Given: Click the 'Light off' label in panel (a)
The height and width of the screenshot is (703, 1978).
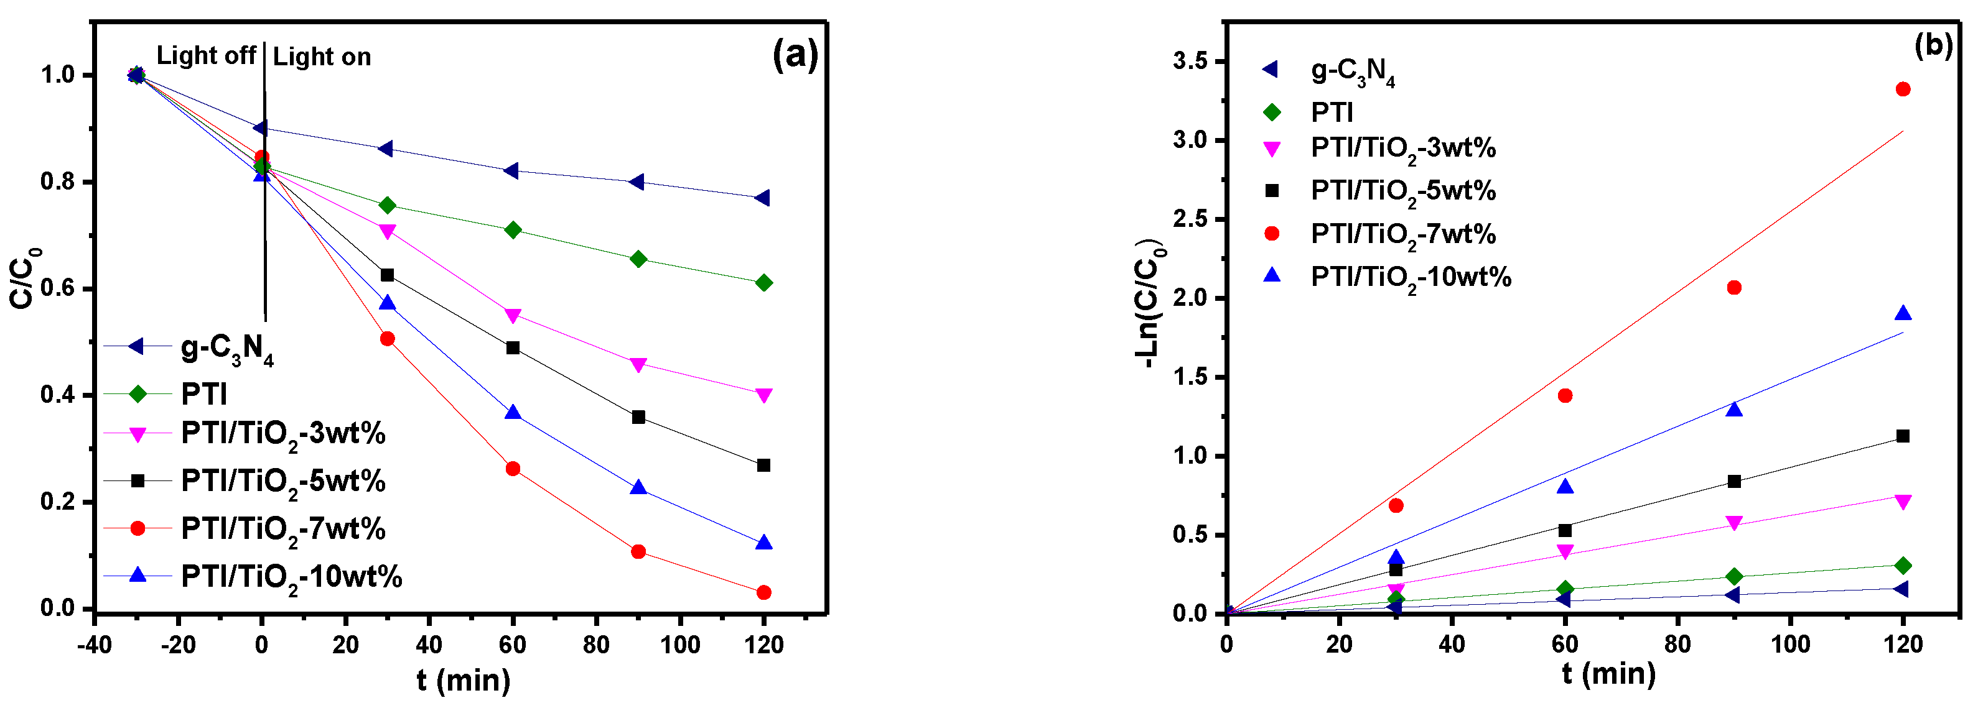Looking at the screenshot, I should pyautogui.click(x=206, y=56).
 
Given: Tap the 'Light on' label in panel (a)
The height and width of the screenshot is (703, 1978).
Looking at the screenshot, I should pyautogui.click(x=322, y=57).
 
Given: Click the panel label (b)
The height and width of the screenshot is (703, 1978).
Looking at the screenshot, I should pyautogui.click(x=1933, y=46).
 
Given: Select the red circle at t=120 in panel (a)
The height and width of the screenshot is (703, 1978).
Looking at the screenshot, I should pyautogui.click(x=763, y=592).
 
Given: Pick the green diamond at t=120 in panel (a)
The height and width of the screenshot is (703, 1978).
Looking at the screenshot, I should pyautogui.click(x=763, y=283).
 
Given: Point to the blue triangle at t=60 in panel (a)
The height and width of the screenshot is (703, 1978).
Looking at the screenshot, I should pyautogui.click(x=513, y=413).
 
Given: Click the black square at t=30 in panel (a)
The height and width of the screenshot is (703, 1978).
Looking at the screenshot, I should pyautogui.click(x=387, y=275).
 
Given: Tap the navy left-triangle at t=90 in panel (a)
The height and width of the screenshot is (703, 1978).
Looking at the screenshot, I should pyautogui.click(x=637, y=182).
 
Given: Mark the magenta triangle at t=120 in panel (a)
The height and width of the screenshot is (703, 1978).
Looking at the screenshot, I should pyautogui.click(x=763, y=395).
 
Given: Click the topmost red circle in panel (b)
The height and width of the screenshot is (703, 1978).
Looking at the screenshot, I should pyautogui.click(x=1903, y=89).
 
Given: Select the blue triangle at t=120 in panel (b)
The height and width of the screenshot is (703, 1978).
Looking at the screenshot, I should pyautogui.click(x=1903, y=313).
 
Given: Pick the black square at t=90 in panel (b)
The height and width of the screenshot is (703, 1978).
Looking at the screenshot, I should pyautogui.click(x=1734, y=481).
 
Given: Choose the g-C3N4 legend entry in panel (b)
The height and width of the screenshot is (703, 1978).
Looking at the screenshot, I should pyautogui.click(x=1352, y=71).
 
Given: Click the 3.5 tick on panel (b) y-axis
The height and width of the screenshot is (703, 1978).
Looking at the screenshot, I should pyautogui.click(x=1191, y=61).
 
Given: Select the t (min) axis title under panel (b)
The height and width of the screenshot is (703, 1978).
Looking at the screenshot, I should pyautogui.click(x=1608, y=674).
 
